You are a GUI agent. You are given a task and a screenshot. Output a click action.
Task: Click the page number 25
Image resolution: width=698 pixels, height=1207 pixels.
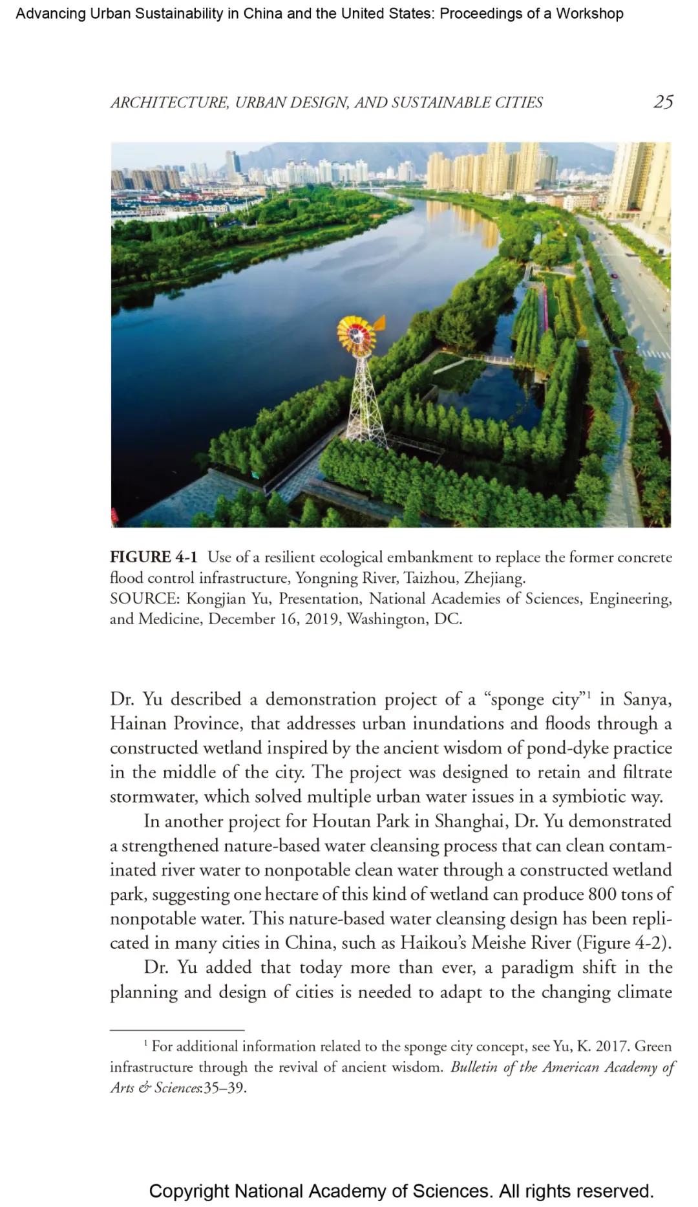[663, 102]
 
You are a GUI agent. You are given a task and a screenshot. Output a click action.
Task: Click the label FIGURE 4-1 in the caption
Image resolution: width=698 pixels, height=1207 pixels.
[153, 557]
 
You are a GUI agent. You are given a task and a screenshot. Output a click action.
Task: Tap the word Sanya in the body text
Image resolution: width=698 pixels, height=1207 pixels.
[647, 699]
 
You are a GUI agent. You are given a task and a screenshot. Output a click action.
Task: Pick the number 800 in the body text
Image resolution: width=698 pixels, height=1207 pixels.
[602, 894]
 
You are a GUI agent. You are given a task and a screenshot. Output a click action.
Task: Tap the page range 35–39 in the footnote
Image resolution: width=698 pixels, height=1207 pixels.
[224, 1087]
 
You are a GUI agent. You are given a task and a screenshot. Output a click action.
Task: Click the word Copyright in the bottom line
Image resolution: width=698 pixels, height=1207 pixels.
[189, 1191]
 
